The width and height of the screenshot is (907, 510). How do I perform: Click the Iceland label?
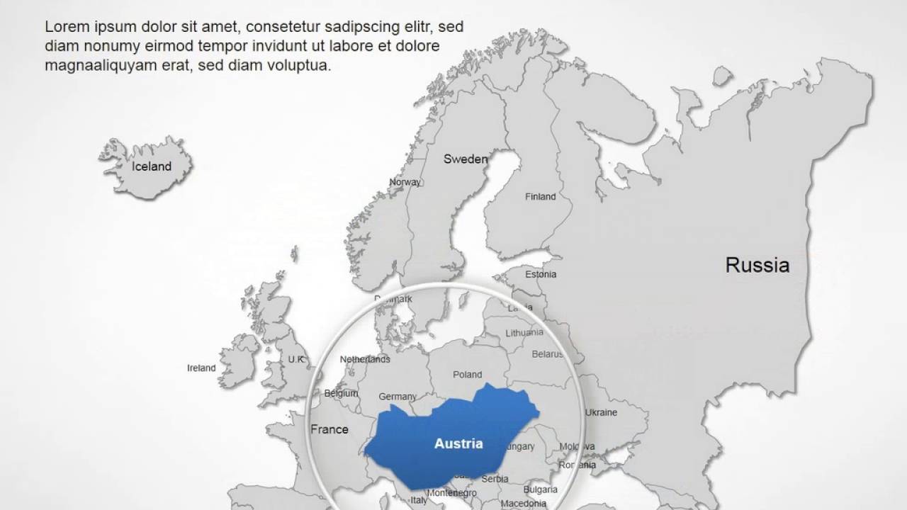coord(152,166)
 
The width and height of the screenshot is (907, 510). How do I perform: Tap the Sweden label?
coord(466,159)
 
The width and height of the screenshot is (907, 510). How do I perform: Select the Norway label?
coord(405,182)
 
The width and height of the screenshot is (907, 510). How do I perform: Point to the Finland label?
coord(540,196)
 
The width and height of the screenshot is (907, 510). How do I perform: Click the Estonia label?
coord(541,274)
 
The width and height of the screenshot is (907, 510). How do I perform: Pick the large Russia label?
coord(757,266)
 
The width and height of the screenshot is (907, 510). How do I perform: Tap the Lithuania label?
coord(524,332)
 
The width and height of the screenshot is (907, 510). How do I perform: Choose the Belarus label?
coord(547,353)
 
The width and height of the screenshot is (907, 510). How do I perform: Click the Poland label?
coord(467,374)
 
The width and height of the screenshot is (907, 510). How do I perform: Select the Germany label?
coord(398,397)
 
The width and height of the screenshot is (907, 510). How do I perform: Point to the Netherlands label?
coord(365,359)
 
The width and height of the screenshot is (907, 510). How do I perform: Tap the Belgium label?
coord(341,393)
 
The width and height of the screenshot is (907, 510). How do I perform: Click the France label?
coord(329,429)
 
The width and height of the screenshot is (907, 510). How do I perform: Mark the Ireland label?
coord(201,368)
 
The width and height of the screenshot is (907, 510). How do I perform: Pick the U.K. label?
coord(296,359)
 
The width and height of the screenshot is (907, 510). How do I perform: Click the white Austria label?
coord(458,444)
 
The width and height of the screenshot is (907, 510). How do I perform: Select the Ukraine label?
coord(601,412)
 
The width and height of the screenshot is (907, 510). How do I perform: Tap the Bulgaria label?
coord(540,489)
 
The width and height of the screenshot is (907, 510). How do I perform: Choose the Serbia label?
coord(495,479)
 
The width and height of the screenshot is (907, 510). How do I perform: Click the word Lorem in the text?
coord(64,27)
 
